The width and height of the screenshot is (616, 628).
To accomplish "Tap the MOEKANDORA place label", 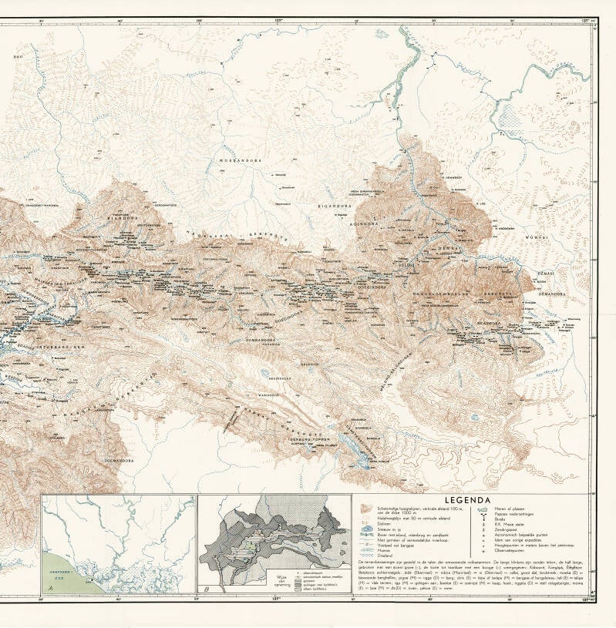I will pos(241,161).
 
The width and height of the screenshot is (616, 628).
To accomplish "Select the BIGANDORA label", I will pos(335,207).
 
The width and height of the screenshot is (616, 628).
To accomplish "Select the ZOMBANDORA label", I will pos(261,338).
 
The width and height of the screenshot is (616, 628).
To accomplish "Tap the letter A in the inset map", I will pos(50,589).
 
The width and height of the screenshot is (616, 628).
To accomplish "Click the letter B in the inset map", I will pos(207,589).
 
